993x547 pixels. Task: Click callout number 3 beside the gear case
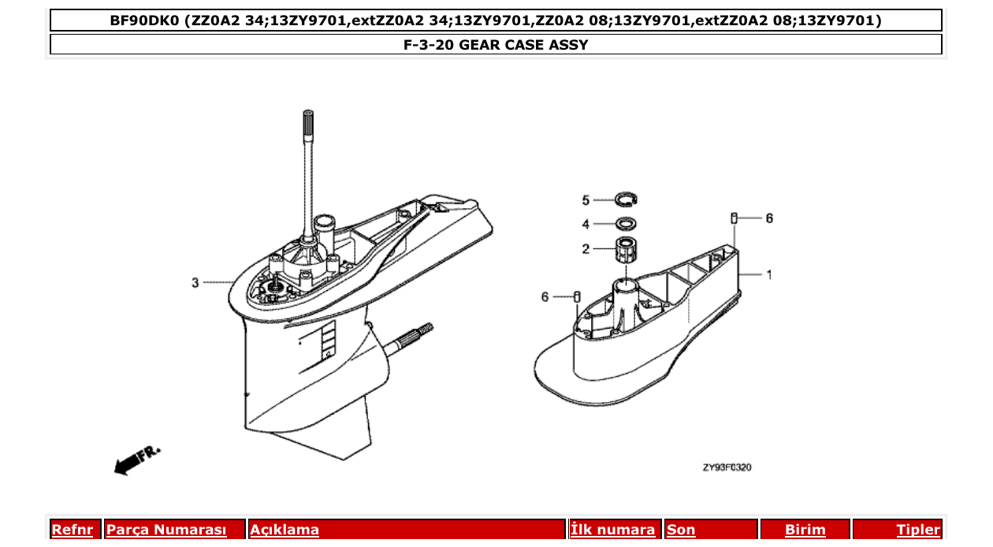[195, 282]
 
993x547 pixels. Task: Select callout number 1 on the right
[769, 275]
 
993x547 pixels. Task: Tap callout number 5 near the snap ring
[586, 199]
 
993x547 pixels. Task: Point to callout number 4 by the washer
[586, 224]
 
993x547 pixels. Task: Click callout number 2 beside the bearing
[586, 249]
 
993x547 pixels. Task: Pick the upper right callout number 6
[769, 218]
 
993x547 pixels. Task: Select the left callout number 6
[545, 296]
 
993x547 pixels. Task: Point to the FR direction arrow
[136, 460]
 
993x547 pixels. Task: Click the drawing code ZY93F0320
[727, 467]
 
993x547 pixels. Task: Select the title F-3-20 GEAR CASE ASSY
[496, 45]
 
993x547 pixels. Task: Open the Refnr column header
[72, 530]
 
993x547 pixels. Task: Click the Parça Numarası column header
[166, 530]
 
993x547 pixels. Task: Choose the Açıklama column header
[285, 530]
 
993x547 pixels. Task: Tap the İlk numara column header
[612, 530]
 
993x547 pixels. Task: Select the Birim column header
[805, 530]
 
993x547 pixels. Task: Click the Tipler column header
[917, 530]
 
